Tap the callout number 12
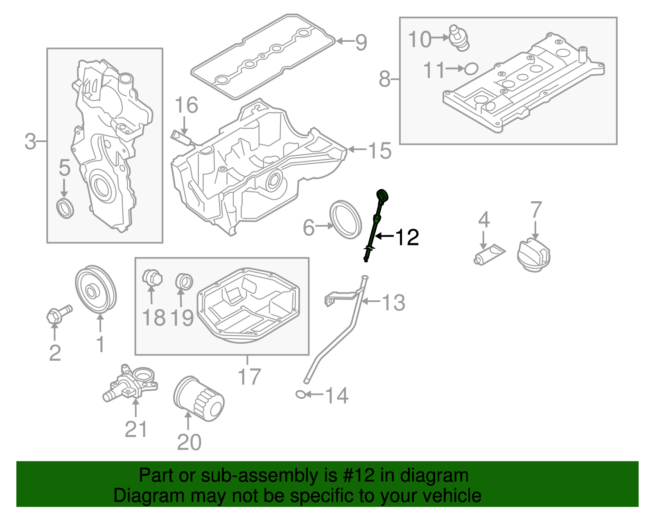[x=407, y=237]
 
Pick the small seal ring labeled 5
[x=65, y=208]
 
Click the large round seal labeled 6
[x=346, y=219]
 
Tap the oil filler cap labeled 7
[x=533, y=256]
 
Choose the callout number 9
[x=361, y=42]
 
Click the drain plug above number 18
[x=152, y=278]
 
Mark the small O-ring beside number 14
[x=300, y=394]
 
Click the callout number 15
[x=380, y=151]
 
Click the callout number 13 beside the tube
[x=393, y=303]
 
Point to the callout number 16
[x=186, y=105]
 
